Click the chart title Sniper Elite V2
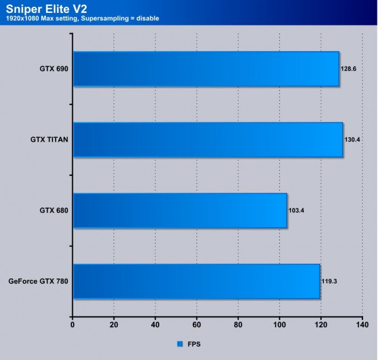pos(46,9)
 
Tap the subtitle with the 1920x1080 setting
pos(83,19)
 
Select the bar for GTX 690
pos(206,69)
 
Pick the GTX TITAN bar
pos(207,139)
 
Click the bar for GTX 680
pos(179,210)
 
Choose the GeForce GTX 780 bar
pos(196,281)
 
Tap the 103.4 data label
pos(296,210)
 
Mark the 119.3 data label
pos(329,281)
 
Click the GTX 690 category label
pos(53,69)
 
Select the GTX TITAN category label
pos(49,139)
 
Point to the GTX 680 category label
pos(53,210)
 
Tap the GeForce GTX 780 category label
pos(38,281)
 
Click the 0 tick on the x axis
pos(72,325)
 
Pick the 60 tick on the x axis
pos(197,325)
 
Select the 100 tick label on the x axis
pos(279,325)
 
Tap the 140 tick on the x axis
pos(362,325)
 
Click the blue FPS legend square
pos(179,343)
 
